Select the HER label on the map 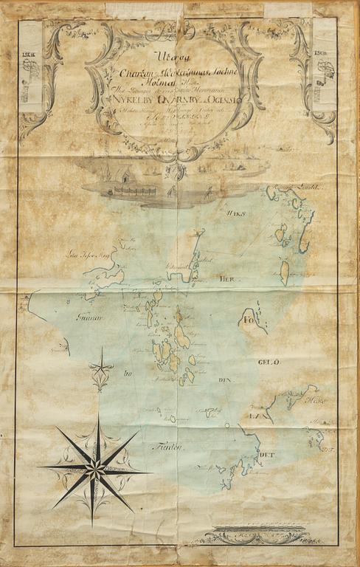(x=225, y=279)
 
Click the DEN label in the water (x=225, y=380)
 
